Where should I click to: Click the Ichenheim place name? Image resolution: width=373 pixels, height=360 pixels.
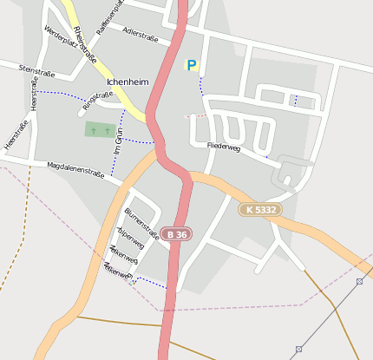pos(128,82)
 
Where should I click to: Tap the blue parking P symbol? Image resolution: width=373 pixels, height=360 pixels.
pos(191,65)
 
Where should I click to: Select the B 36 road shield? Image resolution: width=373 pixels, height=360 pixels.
pos(176,235)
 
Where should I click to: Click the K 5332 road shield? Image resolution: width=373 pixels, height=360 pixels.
pos(259,210)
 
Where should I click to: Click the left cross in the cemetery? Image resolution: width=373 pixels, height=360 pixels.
pos(94,129)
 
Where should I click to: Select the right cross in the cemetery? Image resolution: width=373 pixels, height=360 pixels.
pos(107,129)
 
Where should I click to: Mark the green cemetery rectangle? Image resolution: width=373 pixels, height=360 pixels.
pos(101,130)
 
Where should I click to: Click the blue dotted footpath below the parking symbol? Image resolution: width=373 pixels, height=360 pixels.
pos(200,85)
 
